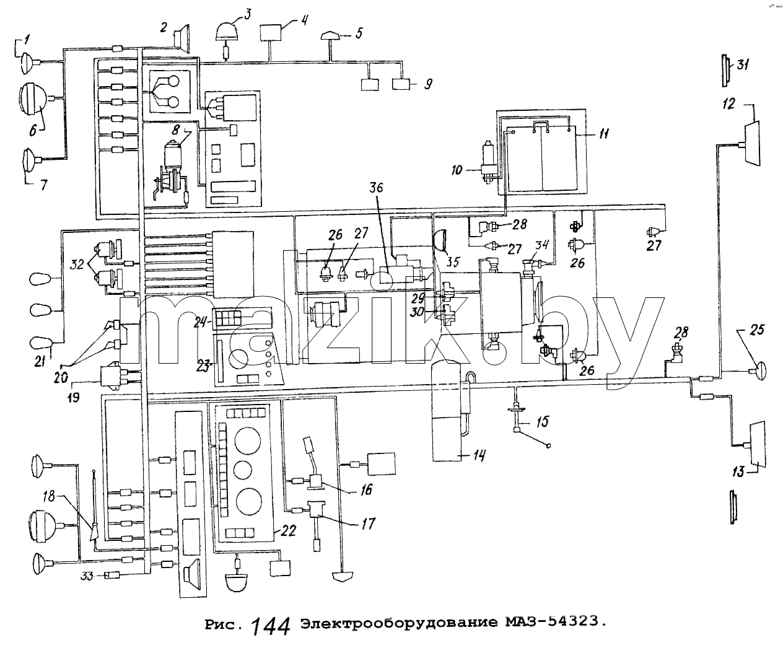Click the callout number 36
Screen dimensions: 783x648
(x=376, y=187)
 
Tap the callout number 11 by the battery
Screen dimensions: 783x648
(x=603, y=133)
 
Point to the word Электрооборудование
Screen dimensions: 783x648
(x=399, y=623)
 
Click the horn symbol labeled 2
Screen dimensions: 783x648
(x=182, y=39)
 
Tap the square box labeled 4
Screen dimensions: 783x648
(x=271, y=32)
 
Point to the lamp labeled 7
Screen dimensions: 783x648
(x=29, y=159)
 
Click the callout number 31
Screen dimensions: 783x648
(x=743, y=65)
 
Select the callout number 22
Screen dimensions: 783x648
(x=289, y=530)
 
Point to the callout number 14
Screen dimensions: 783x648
(x=479, y=455)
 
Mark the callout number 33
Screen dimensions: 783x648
(x=87, y=576)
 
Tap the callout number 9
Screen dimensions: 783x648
(x=428, y=83)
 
